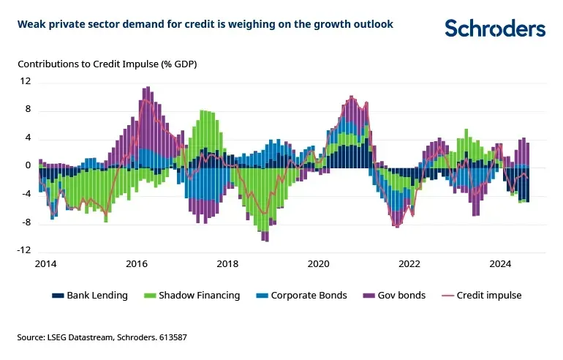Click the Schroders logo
495,28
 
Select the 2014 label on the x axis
45,263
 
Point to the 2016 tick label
136,263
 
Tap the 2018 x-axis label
227,263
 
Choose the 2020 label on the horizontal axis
318,263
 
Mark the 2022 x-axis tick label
409,263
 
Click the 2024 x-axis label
500,263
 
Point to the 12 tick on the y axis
26,81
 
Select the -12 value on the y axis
24,250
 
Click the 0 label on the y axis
28,166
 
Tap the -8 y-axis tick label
26,222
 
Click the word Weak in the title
31,24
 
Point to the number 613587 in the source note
150,337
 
